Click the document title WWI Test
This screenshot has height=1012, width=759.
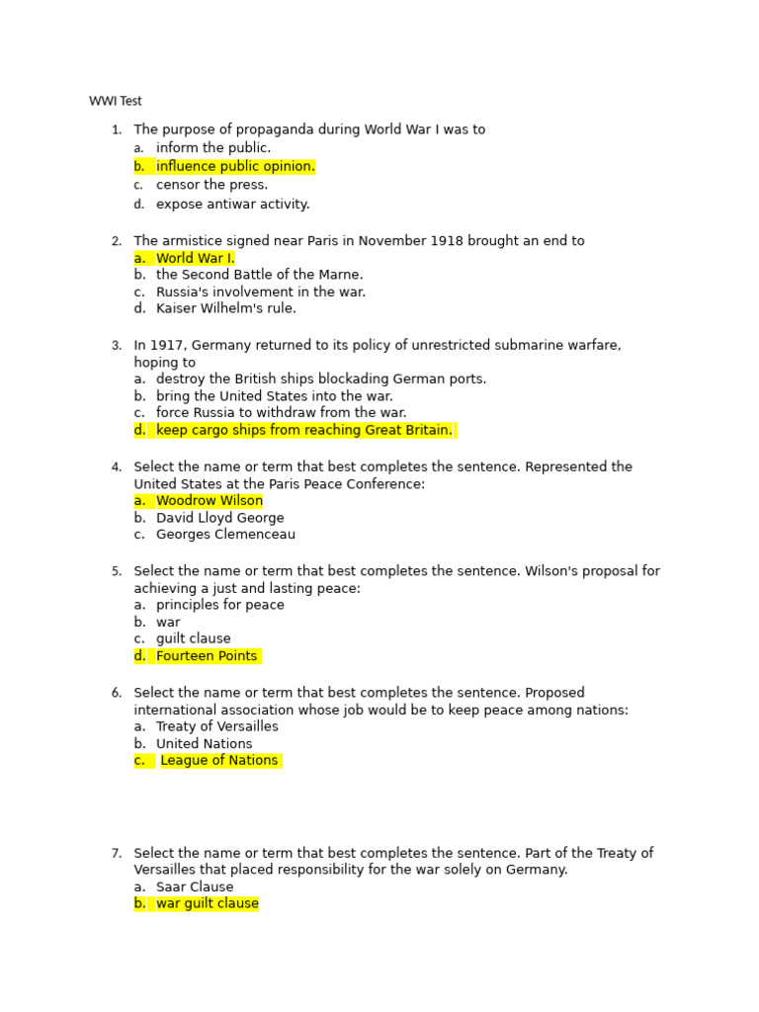tap(115, 101)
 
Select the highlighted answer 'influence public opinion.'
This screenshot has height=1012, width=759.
tap(235, 166)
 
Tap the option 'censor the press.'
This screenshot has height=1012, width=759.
tap(211, 185)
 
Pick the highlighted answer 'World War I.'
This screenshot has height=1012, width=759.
tap(195, 258)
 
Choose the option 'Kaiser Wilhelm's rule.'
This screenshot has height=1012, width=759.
tap(225, 308)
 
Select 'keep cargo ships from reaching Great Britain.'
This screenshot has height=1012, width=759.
tap(303, 430)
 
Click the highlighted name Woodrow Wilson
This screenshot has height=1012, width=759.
tap(210, 501)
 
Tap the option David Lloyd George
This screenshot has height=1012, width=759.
tap(219, 518)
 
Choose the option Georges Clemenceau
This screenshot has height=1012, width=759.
tap(225, 535)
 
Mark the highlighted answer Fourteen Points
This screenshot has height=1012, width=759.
tap(207, 656)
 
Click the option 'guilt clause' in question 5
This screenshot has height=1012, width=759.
tap(193, 638)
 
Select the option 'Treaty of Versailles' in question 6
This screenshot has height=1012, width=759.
tap(216, 726)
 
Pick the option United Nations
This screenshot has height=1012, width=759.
tap(204, 743)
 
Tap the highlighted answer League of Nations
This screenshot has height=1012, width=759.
tap(218, 761)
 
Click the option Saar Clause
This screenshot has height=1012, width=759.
tap(195, 886)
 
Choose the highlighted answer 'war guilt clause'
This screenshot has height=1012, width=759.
tap(207, 903)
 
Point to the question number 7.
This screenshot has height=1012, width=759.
tap(116, 853)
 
